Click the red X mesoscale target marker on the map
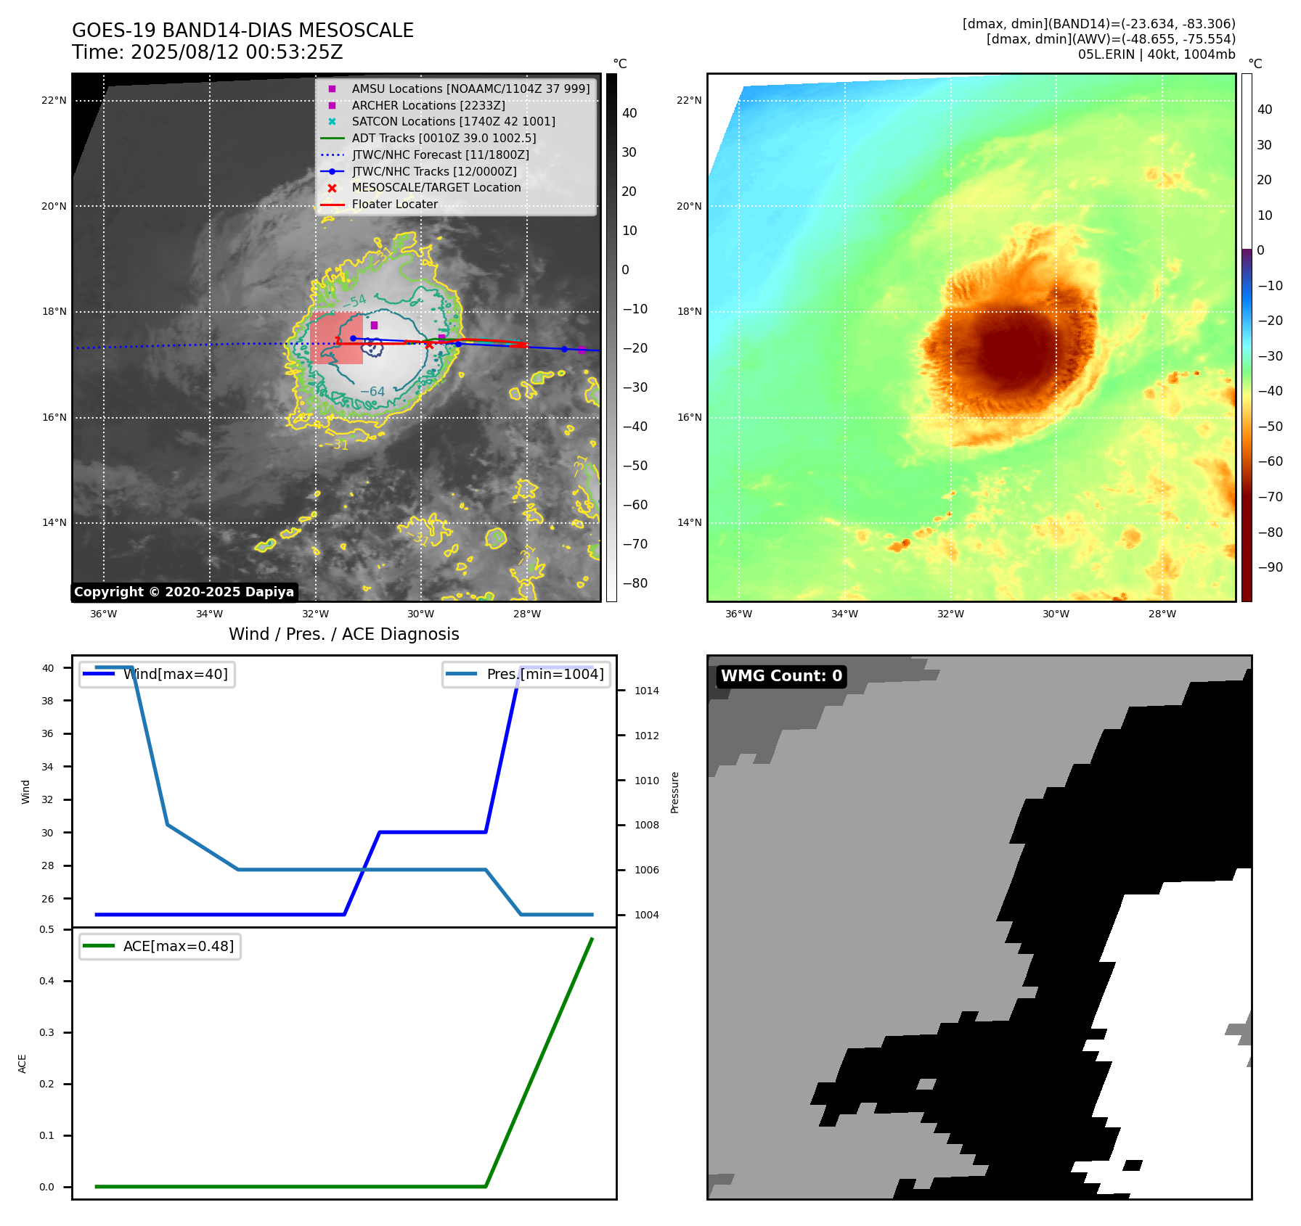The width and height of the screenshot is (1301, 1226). point(429,345)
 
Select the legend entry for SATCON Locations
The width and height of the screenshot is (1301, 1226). point(453,122)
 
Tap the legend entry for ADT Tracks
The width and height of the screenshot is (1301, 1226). point(444,139)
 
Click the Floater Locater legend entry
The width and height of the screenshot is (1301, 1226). point(394,205)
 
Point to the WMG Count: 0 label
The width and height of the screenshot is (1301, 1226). point(781,676)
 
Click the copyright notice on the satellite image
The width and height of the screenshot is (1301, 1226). point(184,592)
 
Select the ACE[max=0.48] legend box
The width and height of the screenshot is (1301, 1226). point(160,947)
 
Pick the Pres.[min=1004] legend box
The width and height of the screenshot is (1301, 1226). point(526,675)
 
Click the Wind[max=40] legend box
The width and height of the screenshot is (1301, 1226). point(157,675)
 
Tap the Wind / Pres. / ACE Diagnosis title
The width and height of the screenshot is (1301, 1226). point(343,635)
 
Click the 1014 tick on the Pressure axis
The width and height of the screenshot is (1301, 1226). point(646,691)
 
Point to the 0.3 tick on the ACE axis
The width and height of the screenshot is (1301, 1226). point(47,1032)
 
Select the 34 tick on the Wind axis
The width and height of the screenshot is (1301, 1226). point(47,767)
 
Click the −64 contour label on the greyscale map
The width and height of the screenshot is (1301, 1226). point(373,392)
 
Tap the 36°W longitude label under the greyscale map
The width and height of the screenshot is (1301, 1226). point(103,614)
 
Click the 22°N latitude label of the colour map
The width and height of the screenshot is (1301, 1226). point(689,101)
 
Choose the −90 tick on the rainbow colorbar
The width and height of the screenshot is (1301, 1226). point(1270,567)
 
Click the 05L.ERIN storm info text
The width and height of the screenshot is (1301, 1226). point(1156,54)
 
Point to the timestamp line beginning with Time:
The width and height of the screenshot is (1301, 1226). point(207,53)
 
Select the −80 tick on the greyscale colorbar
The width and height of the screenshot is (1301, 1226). point(635,583)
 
